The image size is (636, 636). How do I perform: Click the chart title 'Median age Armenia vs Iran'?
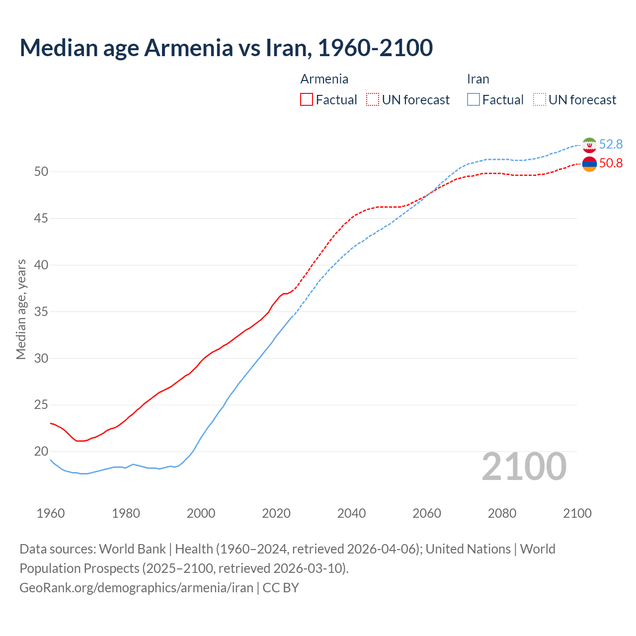(226, 48)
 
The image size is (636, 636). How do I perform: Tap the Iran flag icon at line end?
(589, 145)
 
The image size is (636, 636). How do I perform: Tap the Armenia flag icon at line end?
(589, 163)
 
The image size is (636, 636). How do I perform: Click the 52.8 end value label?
(611, 145)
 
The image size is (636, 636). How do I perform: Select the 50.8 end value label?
(611, 163)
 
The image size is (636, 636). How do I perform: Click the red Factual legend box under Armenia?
(307, 100)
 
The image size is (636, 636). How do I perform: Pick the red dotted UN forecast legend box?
(373, 100)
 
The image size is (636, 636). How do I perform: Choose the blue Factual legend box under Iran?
(474, 100)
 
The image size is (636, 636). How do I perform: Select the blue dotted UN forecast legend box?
(540, 100)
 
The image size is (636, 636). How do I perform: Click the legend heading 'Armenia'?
(324, 79)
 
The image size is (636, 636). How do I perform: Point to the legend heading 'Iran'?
(477, 79)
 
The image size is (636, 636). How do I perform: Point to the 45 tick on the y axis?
(41, 218)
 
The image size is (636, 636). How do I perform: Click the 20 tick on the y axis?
(41, 452)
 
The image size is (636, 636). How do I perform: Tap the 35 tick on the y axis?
(41, 312)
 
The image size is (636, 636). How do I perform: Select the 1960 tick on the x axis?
(51, 513)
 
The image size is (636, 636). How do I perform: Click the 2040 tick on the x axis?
(351, 513)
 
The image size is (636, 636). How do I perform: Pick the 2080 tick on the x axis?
(502, 513)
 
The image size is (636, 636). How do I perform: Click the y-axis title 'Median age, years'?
(21, 309)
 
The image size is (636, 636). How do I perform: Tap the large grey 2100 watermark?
(524, 467)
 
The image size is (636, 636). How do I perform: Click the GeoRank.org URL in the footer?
(136, 588)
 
